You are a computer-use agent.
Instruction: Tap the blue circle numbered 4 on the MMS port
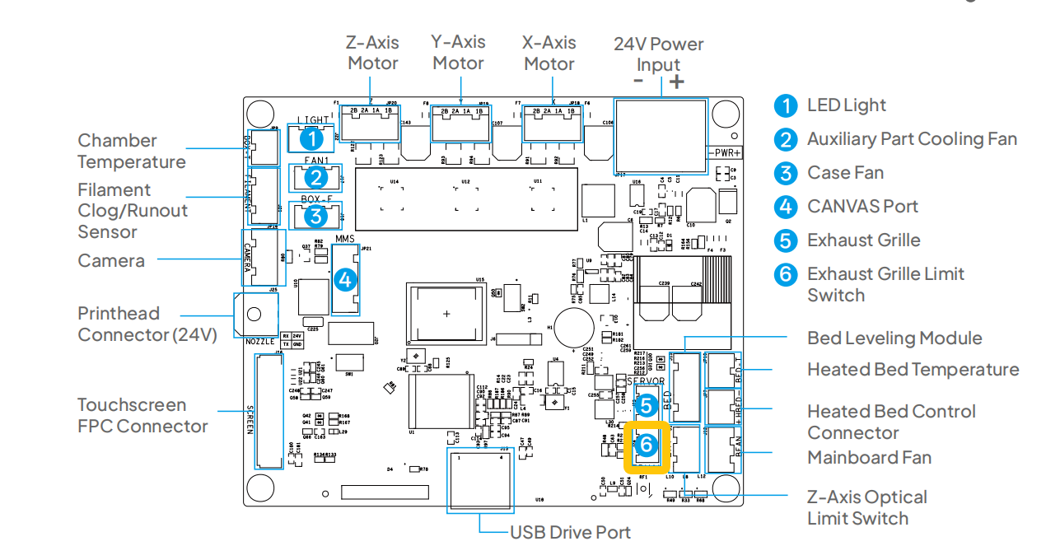[345, 279]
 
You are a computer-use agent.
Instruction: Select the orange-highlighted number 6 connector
[647, 445]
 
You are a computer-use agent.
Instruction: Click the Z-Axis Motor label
[372, 53]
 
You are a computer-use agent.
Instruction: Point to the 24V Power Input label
[658, 54]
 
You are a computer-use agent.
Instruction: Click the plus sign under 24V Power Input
[676, 81]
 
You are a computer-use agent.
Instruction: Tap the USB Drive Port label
[570, 532]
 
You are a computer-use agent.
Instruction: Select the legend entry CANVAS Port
[862, 207]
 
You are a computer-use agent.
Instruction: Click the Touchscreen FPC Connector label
[142, 415]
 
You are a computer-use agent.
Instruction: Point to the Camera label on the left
[111, 261]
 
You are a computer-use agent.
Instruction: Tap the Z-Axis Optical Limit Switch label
[866, 507]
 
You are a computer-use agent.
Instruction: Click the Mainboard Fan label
[869, 458]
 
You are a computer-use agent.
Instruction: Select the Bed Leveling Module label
[894, 338]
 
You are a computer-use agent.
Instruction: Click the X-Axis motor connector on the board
[548, 124]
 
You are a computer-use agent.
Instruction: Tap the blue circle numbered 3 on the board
[314, 216]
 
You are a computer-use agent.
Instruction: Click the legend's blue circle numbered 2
[787, 140]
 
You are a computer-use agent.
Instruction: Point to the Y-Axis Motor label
[459, 53]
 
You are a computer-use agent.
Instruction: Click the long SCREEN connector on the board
[266, 411]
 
